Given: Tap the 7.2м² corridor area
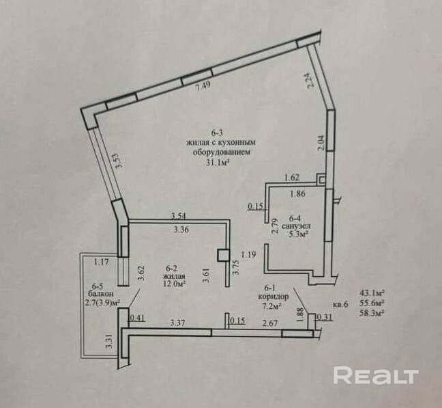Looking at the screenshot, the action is click(x=274, y=308).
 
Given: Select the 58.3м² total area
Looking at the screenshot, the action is click(x=370, y=313).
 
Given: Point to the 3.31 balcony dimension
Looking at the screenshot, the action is click(x=108, y=341).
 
